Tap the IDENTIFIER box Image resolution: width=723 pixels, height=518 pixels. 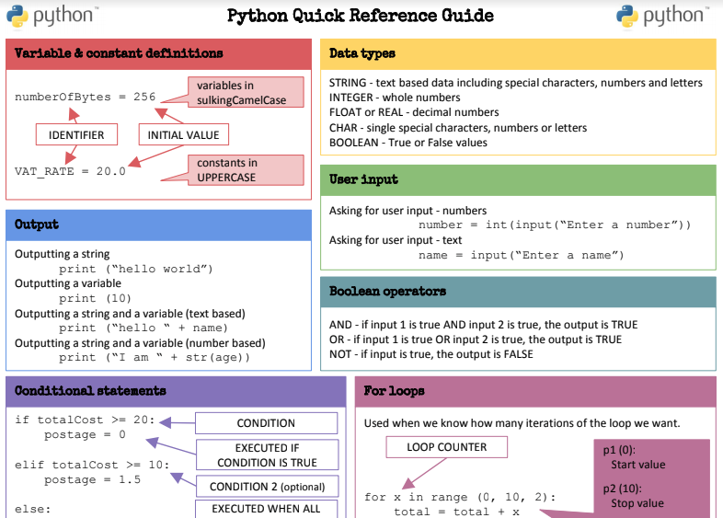coord(76,134)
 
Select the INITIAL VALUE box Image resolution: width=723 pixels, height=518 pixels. coord(184,134)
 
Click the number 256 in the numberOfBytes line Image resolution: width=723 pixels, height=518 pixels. coord(144,97)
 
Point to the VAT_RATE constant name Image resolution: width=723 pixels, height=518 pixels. coord(44,171)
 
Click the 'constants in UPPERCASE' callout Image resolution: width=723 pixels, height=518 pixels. coord(246,170)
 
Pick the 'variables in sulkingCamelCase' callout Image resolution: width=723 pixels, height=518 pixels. coord(246,92)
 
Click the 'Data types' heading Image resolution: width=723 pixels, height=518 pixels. coord(362,53)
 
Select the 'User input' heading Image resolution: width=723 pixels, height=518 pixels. coord(363,179)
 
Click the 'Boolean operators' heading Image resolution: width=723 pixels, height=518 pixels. coord(387,291)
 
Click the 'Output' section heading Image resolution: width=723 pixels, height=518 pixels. coord(37,224)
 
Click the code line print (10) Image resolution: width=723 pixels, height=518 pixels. coord(95,298)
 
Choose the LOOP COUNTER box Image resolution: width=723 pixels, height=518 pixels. coord(446,447)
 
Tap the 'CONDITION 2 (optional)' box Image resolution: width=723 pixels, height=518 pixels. coord(267,487)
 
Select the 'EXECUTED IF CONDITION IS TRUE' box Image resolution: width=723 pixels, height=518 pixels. coord(267,455)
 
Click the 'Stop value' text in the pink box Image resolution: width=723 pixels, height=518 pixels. coord(637,503)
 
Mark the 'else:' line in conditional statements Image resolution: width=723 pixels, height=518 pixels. coord(33,509)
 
